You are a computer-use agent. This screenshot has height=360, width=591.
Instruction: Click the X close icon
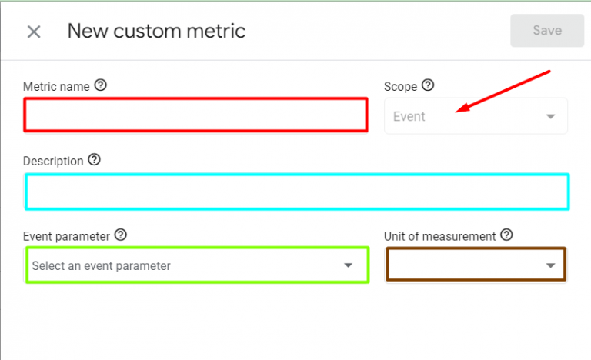(34, 32)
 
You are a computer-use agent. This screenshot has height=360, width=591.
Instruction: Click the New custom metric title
(156, 31)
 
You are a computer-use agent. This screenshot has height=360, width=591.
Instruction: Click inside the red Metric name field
(195, 115)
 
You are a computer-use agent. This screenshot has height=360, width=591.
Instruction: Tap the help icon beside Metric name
(101, 85)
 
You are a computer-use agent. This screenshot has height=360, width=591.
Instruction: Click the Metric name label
(56, 87)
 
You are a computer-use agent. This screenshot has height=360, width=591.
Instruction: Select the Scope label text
(400, 87)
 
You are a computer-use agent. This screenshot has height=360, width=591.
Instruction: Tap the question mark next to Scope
(428, 85)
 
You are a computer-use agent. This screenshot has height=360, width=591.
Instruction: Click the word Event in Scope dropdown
(409, 116)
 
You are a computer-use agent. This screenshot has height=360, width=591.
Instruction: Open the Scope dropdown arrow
(551, 116)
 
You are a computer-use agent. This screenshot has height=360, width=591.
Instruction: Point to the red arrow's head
(457, 112)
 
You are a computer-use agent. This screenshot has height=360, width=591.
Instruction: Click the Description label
(53, 162)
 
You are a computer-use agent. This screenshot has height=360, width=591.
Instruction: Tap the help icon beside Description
(94, 160)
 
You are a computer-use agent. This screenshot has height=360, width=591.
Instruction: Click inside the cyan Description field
(297, 192)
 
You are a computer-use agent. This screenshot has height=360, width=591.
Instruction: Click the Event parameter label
(66, 236)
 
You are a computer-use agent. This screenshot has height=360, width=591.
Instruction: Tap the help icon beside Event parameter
(121, 235)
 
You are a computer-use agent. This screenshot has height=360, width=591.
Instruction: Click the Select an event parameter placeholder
(102, 265)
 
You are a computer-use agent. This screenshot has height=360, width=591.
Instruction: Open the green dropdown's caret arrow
(349, 265)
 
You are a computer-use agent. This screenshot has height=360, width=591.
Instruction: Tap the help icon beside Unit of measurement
(506, 235)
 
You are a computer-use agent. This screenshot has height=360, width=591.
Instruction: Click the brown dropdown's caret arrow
(551, 265)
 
